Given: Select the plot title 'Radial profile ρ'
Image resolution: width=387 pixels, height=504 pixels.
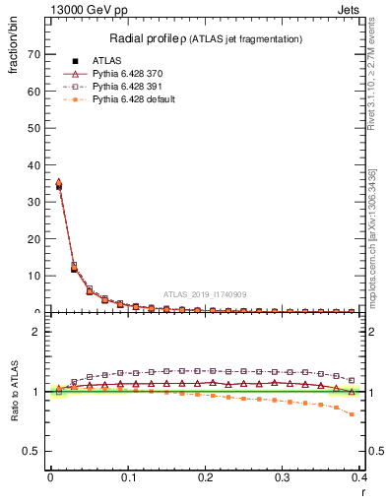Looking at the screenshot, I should tap(150, 38).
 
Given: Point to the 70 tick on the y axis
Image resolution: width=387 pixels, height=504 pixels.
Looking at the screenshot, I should tap(32, 54).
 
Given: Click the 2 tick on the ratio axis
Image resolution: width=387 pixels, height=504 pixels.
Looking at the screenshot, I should tap(34, 332).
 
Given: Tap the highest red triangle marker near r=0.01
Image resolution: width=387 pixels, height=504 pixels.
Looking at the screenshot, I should tap(58, 182).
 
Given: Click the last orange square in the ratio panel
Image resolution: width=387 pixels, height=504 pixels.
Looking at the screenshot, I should tap(352, 414).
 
